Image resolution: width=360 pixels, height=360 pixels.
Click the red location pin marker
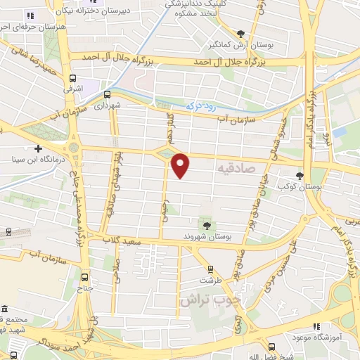coord(181,165)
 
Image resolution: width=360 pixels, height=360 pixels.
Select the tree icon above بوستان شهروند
coord(207,224)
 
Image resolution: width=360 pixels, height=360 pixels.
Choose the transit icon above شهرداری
coord(107,94)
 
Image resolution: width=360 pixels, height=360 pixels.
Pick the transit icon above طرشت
coord(210,269)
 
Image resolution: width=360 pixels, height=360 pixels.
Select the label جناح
coord(85,288)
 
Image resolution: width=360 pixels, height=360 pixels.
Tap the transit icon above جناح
coord(85,276)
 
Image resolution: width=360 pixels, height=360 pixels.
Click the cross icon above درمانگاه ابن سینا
coord(37,148)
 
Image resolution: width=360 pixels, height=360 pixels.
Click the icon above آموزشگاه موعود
coord(316,326)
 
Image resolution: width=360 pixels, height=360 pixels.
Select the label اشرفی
coord(72,90)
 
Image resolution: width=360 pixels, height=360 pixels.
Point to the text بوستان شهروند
coord(207,236)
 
